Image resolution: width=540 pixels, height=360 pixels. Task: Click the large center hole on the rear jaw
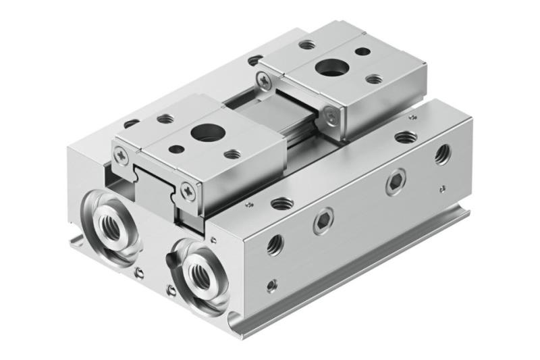(331, 66)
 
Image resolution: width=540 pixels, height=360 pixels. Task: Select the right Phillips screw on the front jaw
(187, 190)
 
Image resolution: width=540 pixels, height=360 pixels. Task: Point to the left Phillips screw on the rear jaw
(261, 82)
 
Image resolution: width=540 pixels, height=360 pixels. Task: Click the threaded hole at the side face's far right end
(443, 155)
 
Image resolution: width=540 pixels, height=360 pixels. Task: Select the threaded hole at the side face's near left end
(275, 244)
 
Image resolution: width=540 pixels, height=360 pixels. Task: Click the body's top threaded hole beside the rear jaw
(406, 137)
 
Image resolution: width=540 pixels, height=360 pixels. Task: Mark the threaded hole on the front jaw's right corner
(232, 154)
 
